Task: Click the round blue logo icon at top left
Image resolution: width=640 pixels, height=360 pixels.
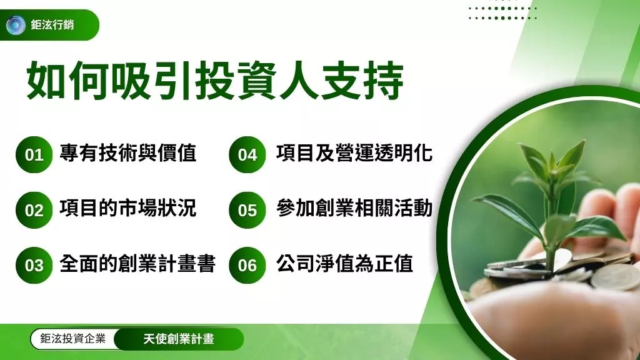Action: tap(16, 26)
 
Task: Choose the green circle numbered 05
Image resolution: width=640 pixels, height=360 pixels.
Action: tap(247, 210)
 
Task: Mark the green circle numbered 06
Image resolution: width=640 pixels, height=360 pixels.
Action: tap(247, 265)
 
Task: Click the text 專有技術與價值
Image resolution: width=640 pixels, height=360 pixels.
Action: tap(128, 153)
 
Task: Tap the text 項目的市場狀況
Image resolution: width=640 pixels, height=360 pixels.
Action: tap(128, 208)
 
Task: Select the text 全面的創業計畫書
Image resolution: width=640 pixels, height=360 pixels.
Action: tap(137, 264)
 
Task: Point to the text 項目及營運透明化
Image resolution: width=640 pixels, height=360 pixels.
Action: tap(354, 153)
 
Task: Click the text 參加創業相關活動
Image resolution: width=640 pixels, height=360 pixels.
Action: tap(354, 208)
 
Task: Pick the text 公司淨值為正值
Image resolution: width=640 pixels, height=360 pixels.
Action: tap(345, 264)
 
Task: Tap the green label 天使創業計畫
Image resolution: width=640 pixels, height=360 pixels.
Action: tap(178, 339)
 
